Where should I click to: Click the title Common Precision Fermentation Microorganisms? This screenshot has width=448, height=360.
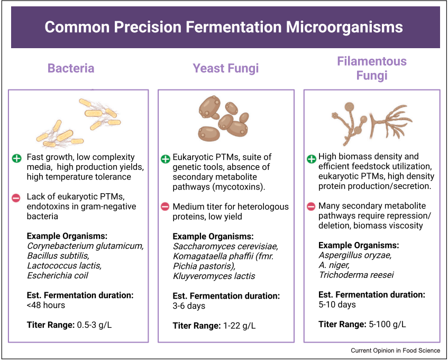click(224, 28)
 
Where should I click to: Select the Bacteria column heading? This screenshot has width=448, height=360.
click(71, 68)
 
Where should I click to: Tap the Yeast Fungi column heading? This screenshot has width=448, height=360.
click(225, 68)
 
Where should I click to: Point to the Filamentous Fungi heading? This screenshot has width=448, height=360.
click(372, 68)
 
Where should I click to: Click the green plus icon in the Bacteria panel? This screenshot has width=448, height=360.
click(17, 158)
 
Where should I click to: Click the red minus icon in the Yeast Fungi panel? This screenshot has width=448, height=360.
click(165, 206)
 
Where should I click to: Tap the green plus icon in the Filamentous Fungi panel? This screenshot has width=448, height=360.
click(311, 158)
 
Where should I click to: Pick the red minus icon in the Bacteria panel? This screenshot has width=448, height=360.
click(17, 197)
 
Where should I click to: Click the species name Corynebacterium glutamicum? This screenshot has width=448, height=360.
click(85, 246)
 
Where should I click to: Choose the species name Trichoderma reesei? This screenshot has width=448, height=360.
click(356, 275)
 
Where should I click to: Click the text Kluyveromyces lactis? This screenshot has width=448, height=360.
click(214, 276)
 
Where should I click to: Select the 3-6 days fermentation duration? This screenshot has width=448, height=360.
click(189, 305)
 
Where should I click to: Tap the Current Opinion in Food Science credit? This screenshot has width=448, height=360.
click(395, 350)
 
